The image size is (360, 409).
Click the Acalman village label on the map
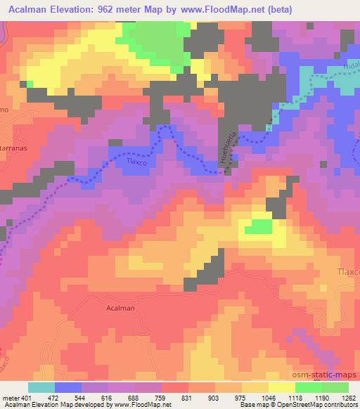[x=120, y=308]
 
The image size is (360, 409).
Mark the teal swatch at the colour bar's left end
[x=41, y=387]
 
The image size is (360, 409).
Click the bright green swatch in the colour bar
[x=308, y=387]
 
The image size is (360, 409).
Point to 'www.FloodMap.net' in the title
[x=223, y=8]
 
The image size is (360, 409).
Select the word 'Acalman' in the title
[x=31, y=8]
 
